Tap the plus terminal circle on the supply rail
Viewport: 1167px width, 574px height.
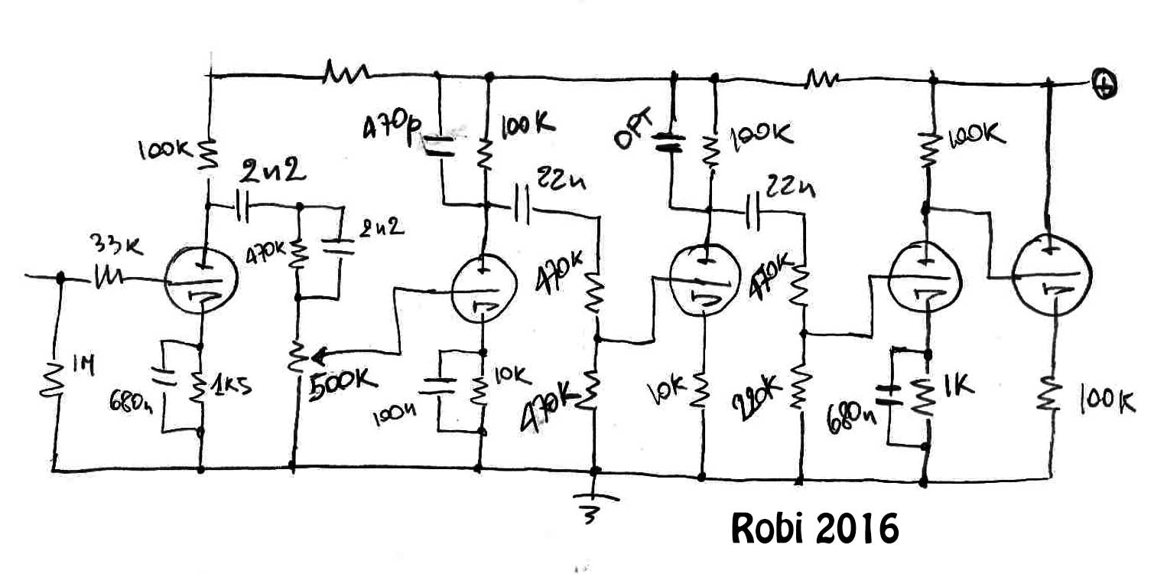pyautogui.click(x=1104, y=85)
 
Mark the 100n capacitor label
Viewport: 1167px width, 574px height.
pyautogui.click(x=395, y=416)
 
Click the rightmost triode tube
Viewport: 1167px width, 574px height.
pyautogui.click(x=1051, y=274)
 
